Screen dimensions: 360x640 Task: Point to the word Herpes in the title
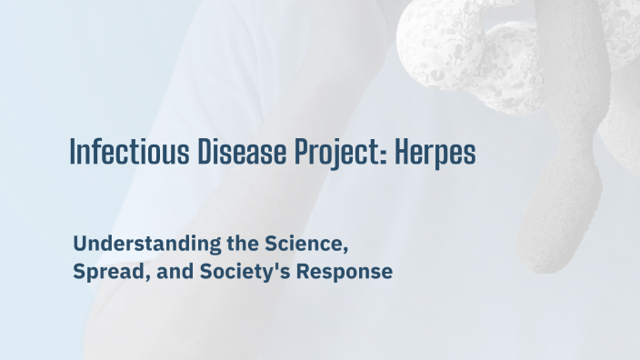tap(435, 153)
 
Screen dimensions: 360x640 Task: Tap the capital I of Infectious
tap(73, 152)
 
